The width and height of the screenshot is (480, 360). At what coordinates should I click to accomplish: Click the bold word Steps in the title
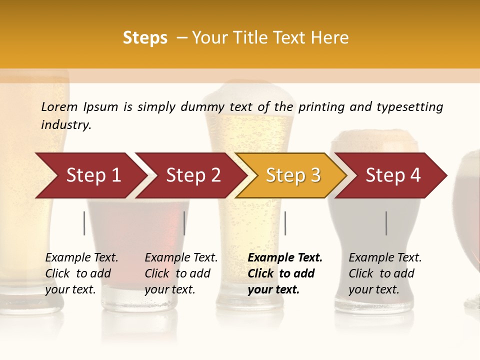pos(145,38)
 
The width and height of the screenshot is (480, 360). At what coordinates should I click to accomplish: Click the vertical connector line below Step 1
pos(84,223)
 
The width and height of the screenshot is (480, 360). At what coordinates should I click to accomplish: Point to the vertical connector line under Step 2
pos(184,223)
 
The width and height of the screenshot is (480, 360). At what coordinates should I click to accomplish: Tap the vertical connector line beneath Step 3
pos(285,223)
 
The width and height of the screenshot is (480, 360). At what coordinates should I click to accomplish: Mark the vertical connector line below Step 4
pos(386,223)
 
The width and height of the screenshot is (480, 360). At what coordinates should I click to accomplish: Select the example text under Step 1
pos(81,273)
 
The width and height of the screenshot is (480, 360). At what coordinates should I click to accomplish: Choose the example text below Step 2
pos(181,273)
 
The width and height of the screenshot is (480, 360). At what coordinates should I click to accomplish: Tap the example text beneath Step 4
pos(385,273)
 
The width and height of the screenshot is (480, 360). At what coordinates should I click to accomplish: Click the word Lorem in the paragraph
pos(59,106)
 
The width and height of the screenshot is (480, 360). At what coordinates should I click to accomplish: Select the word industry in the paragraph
pos(66,125)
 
